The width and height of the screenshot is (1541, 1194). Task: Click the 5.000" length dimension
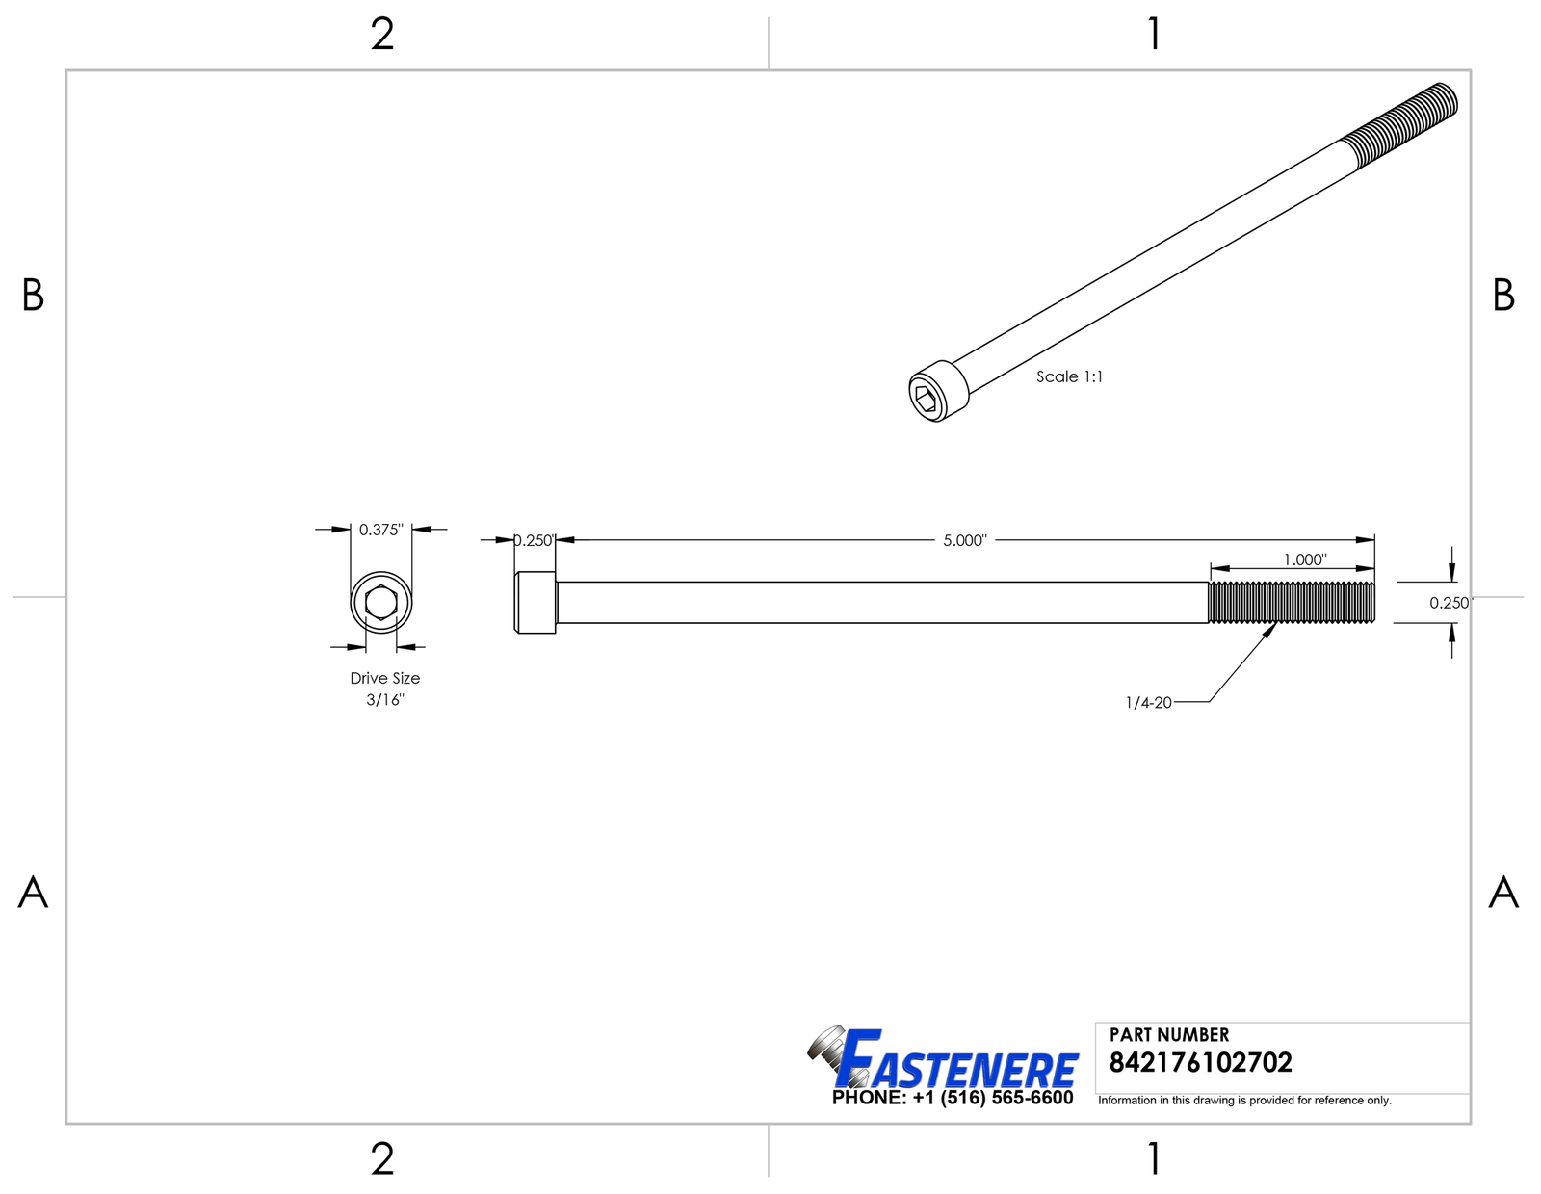click(964, 540)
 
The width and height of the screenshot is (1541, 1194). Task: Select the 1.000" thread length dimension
click(1304, 559)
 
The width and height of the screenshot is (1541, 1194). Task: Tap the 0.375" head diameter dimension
click(380, 530)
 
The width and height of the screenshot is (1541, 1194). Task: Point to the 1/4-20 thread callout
click(1148, 703)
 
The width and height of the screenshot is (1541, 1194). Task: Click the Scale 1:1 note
click(1069, 376)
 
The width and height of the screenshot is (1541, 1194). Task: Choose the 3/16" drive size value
click(384, 700)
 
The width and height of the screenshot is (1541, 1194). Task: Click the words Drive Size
click(384, 678)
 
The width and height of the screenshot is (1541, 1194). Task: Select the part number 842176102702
click(1200, 1063)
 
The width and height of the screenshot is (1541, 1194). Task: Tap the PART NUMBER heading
click(1168, 1035)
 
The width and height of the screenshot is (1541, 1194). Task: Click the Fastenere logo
click(944, 1059)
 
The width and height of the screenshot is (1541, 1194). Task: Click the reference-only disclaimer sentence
click(1244, 1101)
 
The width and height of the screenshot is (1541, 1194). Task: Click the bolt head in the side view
click(535, 603)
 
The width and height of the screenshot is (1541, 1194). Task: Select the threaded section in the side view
click(1291, 603)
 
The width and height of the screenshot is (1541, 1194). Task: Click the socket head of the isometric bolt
click(936, 392)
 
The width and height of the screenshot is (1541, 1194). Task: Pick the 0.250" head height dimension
click(533, 540)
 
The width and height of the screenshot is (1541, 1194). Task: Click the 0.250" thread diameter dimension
click(1450, 603)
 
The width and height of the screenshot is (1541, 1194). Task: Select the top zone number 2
click(382, 35)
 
